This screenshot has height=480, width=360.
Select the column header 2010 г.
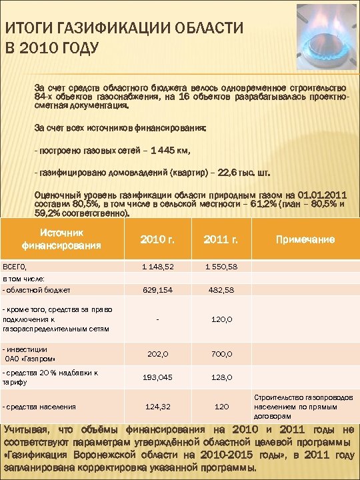pyautogui.click(x=157, y=240)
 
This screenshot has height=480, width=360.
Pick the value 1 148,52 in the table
pyautogui.click(x=157, y=267)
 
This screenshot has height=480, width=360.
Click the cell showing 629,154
pyautogui.click(x=157, y=290)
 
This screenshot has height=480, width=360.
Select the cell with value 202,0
pyautogui.click(x=157, y=354)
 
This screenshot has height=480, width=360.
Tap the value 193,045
pyautogui.click(x=157, y=378)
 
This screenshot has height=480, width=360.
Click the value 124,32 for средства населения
pyautogui.click(x=157, y=407)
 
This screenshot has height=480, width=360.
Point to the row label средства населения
pyautogui.click(x=41, y=407)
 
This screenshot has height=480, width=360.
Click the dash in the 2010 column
pyautogui.click(x=157, y=319)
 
